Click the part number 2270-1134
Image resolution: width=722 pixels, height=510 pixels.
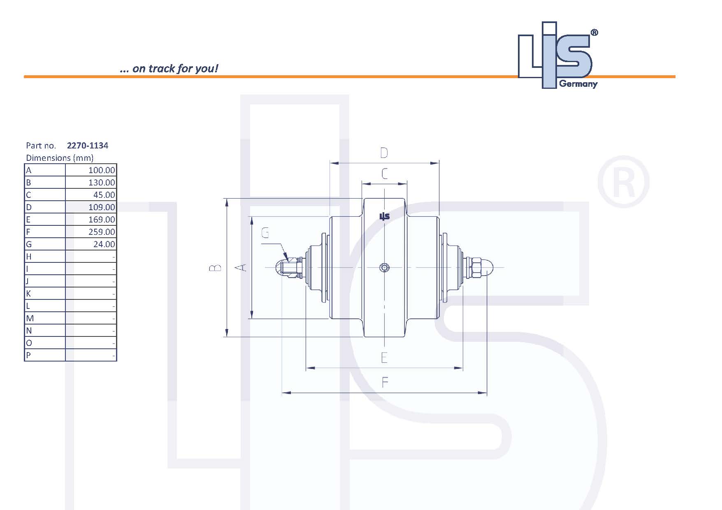[87, 146]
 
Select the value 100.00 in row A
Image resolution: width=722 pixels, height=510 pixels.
[101, 170]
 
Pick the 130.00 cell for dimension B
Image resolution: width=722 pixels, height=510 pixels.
[101, 183]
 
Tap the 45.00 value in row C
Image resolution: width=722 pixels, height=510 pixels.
[104, 195]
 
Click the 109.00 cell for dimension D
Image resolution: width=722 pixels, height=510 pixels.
[101, 207]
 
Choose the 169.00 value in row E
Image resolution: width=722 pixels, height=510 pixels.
[101, 220]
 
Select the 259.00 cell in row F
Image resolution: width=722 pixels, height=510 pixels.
[101, 232]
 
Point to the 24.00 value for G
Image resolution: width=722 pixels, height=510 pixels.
[104, 244]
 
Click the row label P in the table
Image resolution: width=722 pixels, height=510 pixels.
[28, 355]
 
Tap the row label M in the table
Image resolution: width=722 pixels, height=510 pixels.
[30, 318]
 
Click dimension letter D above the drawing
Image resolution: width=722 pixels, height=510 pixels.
[384, 153]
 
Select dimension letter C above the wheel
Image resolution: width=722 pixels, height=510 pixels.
[384, 174]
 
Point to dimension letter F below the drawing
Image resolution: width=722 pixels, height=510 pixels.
[385, 382]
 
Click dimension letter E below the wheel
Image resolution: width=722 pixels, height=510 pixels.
[384, 358]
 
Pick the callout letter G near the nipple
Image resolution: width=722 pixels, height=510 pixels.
[265, 233]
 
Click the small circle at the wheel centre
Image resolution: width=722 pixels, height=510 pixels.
[384, 268]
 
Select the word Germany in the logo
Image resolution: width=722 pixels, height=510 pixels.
[578, 84]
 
